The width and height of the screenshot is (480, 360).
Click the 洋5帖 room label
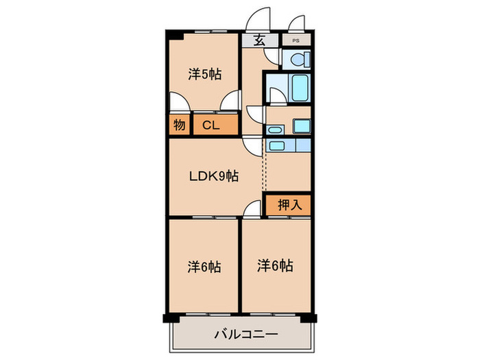pos(204,74)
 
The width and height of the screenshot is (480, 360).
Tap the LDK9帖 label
pos(214,176)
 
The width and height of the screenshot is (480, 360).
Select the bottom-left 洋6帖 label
pos(204,266)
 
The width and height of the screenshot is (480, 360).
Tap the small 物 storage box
pos(178,125)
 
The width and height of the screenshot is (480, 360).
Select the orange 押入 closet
pos(289,204)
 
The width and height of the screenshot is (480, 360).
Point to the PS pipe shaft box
pos(296,40)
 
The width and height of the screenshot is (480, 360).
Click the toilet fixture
pos(298,60)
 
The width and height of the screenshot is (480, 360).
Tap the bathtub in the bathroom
pos(300,88)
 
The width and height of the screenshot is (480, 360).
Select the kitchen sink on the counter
pos(276,145)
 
